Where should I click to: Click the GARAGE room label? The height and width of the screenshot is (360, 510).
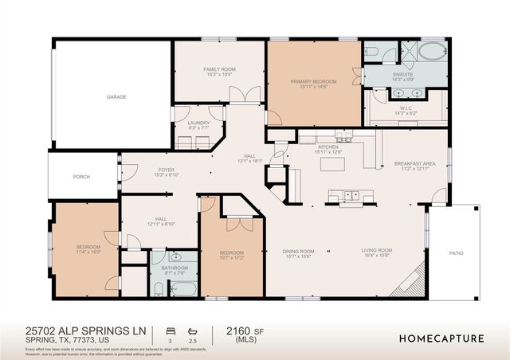pyautogui.click(x=117, y=96)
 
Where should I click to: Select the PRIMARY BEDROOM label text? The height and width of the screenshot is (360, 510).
pyautogui.click(x=313, y=81)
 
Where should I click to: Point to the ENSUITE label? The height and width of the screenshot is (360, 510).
pyautogui.click(x=402, y=76)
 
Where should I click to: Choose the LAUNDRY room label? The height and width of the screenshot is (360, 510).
pyautogui.click(x=198, y=123)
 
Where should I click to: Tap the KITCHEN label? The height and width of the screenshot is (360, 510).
pyautogui.click(x=329, y=147)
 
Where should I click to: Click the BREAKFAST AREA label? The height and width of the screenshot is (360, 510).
pyautogui.click(x=412, y=164)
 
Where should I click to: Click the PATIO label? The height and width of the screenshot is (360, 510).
pyautogui.click(x=456, y=252)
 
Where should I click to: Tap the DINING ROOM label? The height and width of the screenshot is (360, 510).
pyautogui.click(x=299, y=252)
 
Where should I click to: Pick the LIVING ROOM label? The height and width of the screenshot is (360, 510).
pyautogui.click(x=378, y=252)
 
